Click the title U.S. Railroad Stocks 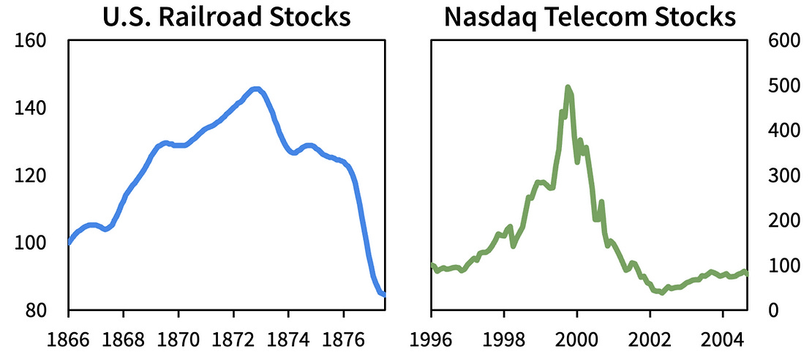point(227,16)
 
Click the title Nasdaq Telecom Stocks point(590,16)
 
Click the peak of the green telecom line point(568,87)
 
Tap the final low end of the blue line point(383,294)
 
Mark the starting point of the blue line point(69,242)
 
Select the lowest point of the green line point(662,293)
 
